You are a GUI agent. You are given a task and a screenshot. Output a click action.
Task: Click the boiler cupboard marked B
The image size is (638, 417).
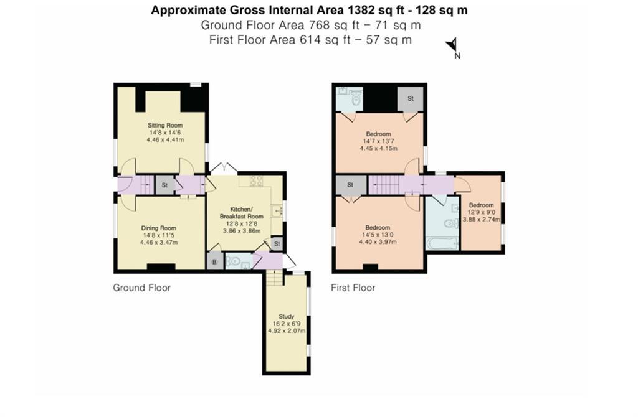[215, 261]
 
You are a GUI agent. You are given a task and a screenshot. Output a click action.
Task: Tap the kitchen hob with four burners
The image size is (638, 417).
[256, 181]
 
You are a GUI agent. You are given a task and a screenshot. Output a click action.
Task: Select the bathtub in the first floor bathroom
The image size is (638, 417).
[441, 243]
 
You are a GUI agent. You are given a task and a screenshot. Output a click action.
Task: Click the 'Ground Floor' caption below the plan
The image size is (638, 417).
[141, 288]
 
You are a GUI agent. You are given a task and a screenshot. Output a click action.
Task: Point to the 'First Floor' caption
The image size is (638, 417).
[353, 288]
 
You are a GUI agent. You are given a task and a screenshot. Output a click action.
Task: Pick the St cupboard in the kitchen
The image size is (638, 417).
[277, 243]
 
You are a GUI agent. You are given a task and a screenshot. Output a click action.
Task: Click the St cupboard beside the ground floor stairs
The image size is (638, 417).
[164, 185]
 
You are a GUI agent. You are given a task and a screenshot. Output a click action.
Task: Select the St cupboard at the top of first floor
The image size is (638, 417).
[411, 99]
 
